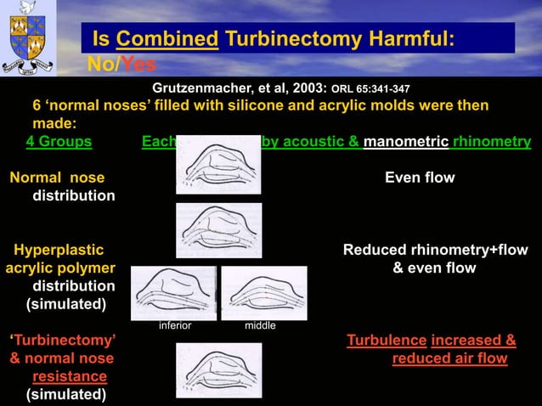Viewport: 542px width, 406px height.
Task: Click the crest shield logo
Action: (x=29, y=38)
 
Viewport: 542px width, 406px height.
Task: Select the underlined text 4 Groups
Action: (x=59, y=142)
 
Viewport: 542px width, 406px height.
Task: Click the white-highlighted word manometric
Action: (x=405, y=142)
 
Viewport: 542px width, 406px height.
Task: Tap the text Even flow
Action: (x=420, y=178)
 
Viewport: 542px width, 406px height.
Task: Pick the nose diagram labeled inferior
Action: (x=173, y=292)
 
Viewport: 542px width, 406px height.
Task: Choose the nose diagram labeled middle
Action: (x=263, y=292)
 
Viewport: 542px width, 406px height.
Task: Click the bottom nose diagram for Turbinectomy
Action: (x=218, y=369)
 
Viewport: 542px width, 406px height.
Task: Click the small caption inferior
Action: (x=175, y=325)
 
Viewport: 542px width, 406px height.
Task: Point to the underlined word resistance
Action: (x=70, y=376)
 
